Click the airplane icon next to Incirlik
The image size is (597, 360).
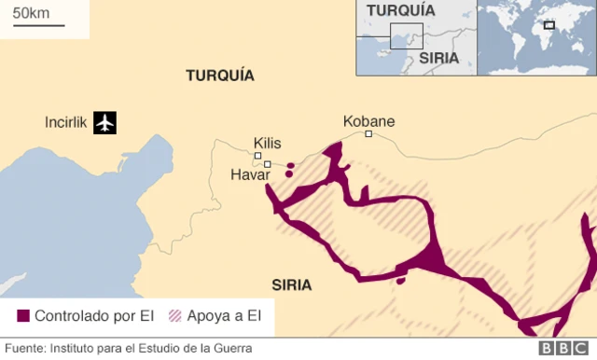pyautogui.click(x=104, y=122)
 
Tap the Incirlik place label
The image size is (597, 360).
pyautogui.click(x=65, y=122)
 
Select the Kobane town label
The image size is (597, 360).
pyautogui.click(x=368, y=121)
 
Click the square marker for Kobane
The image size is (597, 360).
pyautogui.click(x=368, y=134)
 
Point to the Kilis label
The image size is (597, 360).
pyautogui.click(x=267, y=143)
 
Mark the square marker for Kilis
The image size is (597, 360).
pyautogui.click(x=257, y=156)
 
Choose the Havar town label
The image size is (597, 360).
pyautogui.click(x=248, y=174)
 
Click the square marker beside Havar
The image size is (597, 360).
pyautogui.click(x=268, y=165)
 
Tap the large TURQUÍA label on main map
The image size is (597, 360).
pyautogui.click(x=220, y=76)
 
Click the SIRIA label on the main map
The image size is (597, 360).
pyautogui.click(x=292, y=284)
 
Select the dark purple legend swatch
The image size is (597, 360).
pyautogui.click(x=23, y=316)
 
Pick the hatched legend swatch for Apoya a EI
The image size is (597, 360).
pyautogui.click(x=174, y=316)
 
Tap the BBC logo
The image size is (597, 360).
pyautogui.click(x=560, y=349)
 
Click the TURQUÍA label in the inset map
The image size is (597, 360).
pyautogui.click(x=401, y=10)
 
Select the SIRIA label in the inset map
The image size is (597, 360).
pyautogui.click(x=438, y=57)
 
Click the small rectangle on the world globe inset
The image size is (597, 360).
pyautogui.click(x=549, y=25)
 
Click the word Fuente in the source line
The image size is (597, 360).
pyautogui.click(x=25, y=349)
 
